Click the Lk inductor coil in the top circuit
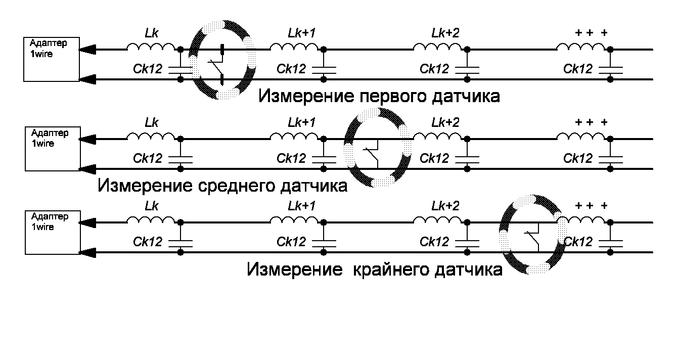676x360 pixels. coord(151,47)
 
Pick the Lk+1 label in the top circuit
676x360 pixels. coord(302,33)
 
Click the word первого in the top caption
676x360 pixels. coord(387,96)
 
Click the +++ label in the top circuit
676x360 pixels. coord(592,33)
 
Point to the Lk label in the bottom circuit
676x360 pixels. coord(151,207)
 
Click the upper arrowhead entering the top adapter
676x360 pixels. coord(87,50)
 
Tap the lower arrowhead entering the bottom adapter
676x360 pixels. coord(87,252)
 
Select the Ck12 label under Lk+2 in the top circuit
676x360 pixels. coord(434,69)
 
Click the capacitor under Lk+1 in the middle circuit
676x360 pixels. coord(324,159)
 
